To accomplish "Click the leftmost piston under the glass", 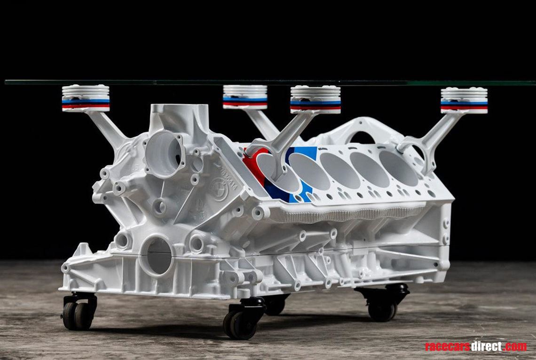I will (86, 98).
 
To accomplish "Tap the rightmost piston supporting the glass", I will (464, 100).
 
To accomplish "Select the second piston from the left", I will (245, 96).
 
